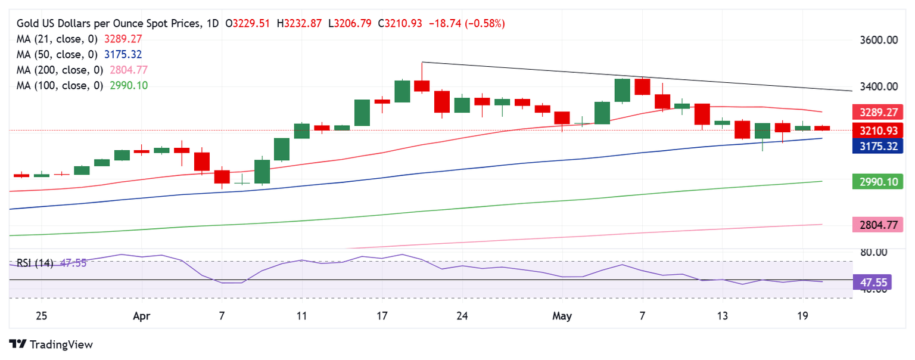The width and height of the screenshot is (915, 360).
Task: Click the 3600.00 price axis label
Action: click(x=880, y=41)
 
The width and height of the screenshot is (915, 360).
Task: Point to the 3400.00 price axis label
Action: click(x=880, y=87)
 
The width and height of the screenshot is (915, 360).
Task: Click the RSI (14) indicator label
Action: click(x=35, y=263)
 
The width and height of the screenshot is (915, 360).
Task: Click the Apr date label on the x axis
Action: click(x=142, y=316)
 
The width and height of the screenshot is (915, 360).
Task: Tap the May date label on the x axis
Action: click(x=562, y=316)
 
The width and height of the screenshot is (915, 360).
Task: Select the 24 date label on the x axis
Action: click(x=462, y=316)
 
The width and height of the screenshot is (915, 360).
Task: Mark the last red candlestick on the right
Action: click(x=822, y=128)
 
